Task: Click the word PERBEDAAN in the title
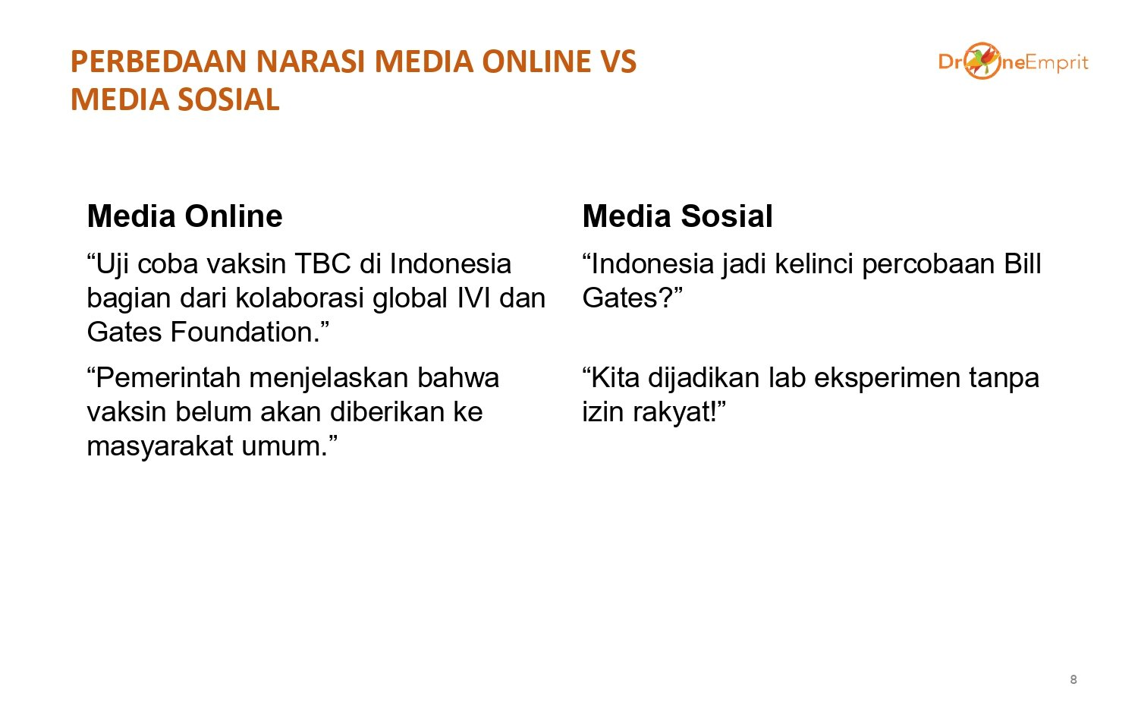pos(159,61)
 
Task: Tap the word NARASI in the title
pos(310,61)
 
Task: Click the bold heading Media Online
pos(184,216)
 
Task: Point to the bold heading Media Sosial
pos(677,216)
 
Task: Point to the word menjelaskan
pos(329,379)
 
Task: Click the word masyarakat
pos(160,447)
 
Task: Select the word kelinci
pos(814,263)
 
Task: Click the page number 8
pos(1074,679)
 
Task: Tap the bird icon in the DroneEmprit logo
pos(982,61)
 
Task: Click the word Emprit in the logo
pos(1057,63)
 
